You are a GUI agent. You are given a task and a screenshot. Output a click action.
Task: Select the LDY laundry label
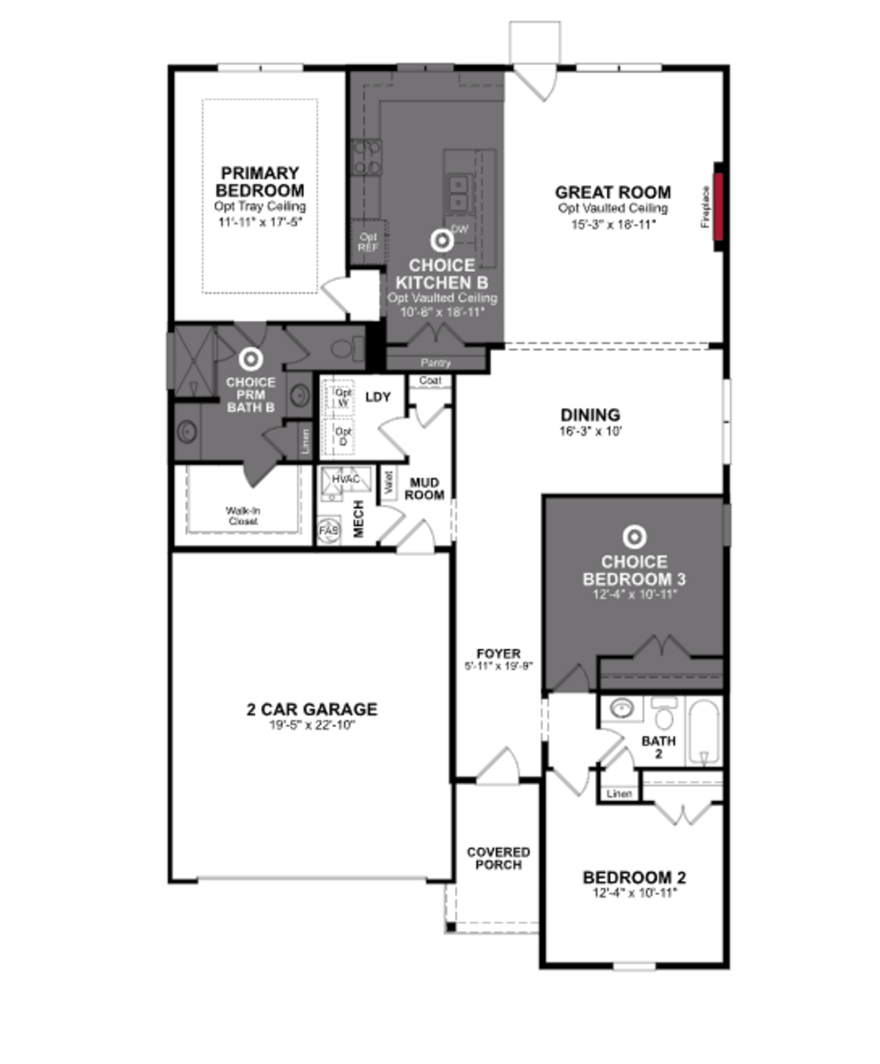tap(378, 397)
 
